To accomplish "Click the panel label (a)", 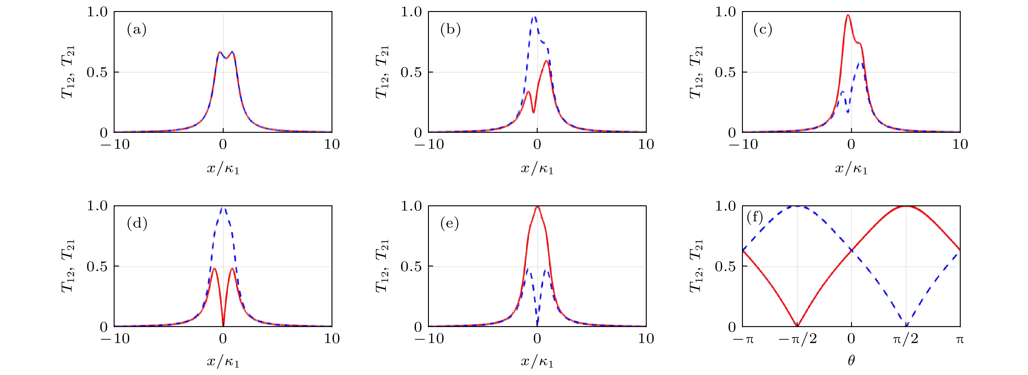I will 136,30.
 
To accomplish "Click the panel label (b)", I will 450,30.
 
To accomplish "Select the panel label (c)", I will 763,30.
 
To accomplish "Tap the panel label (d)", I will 137,223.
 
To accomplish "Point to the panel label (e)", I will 449,223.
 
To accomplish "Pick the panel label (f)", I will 755,217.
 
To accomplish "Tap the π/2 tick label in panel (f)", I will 905,339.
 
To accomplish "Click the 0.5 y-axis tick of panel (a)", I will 97,72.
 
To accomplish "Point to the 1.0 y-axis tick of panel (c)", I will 725,12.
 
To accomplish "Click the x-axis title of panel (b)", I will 537,168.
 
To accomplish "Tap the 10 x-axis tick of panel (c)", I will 960,144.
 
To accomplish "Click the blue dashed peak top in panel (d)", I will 223,208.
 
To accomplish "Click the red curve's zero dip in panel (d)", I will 223,325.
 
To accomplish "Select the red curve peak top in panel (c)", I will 848,16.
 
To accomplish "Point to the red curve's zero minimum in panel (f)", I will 797,326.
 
